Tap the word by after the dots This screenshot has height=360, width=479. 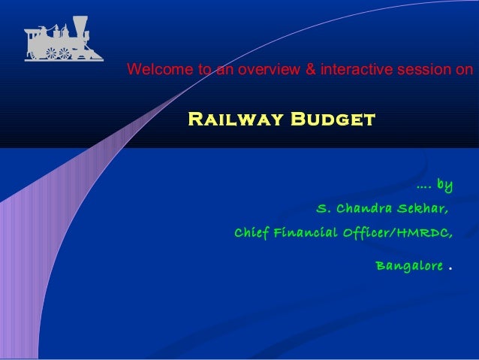(x=444, y=184)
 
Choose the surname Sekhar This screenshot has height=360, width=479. (x=423, y=208)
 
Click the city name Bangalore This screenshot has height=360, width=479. (x=408, y=266)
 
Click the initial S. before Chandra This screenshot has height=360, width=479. (x=324, y=208)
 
